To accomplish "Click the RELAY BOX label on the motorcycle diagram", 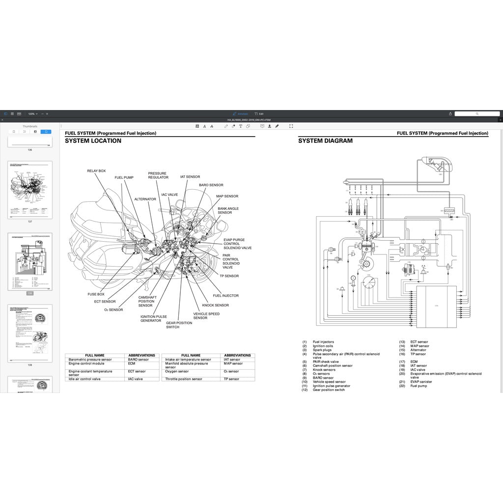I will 96,171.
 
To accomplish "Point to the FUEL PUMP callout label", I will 124,177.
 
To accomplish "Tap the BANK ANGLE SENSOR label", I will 228,211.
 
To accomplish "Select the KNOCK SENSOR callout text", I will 215,305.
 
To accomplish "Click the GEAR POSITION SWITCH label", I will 179,325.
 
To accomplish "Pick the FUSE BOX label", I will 96,294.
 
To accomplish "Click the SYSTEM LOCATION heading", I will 93,141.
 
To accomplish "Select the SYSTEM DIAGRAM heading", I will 325,141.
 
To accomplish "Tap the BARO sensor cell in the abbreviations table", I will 137,360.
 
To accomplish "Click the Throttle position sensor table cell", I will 183,379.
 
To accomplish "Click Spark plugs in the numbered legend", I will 322,350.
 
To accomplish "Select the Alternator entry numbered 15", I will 418,350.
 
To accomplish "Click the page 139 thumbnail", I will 30,334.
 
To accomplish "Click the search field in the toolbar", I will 476,114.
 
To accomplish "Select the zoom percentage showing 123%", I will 32,114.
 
